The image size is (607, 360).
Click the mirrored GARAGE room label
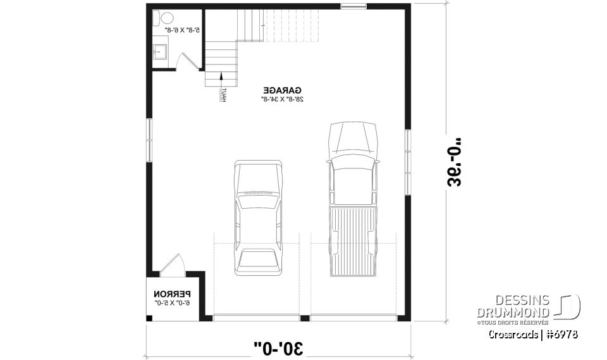coord(283,90)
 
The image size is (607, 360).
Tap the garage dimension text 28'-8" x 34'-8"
coord(283,99)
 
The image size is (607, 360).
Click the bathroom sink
coord(160,51)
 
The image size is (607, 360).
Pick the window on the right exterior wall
coord(408,152)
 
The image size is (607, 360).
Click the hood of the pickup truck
coord(353,136)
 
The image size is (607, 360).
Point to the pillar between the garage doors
coord(305,317)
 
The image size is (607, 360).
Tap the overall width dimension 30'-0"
coord(278,347)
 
